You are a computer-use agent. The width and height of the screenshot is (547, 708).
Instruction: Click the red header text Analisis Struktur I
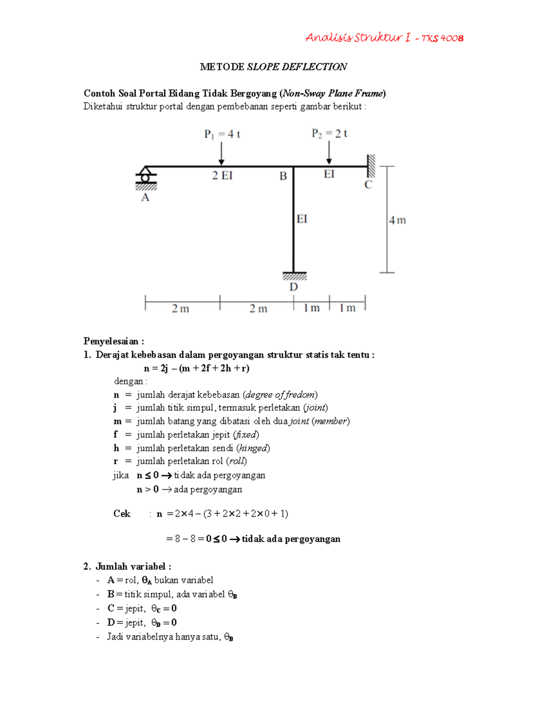(x=357, y=38)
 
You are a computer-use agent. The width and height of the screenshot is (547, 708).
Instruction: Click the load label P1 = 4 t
(x=222, y=134)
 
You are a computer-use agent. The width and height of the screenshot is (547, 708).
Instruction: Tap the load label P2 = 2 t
(x=329, y=134)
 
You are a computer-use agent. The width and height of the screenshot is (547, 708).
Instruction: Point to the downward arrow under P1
(x=222, y=154)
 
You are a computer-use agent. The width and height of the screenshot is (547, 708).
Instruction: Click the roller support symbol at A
(x=145, y=176)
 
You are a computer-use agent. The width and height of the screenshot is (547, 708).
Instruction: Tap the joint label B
(x=283, y=176)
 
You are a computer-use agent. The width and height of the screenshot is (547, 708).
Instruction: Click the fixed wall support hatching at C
(x=372, y=166)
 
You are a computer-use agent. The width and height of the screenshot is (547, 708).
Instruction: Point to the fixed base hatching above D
(x=294, y=276)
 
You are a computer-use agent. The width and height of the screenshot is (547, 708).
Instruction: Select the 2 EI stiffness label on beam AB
(x=222, y=176)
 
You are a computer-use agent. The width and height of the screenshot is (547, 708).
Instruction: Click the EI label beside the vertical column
(x=302, y=219)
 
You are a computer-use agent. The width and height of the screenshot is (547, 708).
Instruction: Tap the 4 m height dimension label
(x=397, y=220)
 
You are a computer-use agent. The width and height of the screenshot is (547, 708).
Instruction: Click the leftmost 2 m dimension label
(x=181, y=309)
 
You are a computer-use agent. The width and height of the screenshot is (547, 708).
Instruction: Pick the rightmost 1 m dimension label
(x=347, y=308)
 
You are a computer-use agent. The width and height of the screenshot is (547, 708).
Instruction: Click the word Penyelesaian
(x=111, y=341)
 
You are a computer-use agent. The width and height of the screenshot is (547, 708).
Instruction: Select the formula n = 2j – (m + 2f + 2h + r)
(x=196, y=368)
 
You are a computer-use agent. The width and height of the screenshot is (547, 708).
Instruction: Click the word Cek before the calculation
(x=122, y=514)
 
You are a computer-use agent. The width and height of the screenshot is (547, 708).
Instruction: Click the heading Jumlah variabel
(x=133, y=567)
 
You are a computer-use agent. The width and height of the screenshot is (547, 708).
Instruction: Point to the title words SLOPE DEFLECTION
(x=297, y=67)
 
